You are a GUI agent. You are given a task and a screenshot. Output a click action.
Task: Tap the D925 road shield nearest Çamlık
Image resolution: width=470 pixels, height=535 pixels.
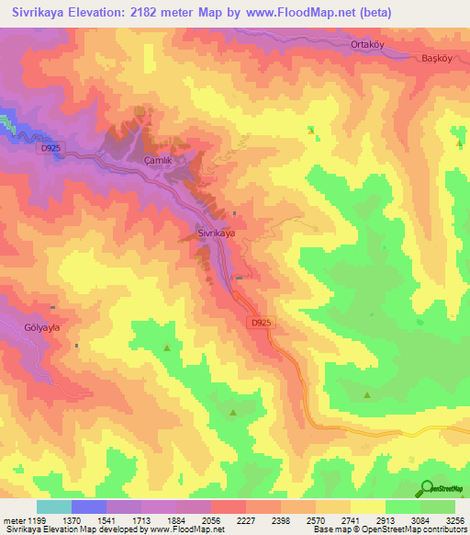tap(50, 147)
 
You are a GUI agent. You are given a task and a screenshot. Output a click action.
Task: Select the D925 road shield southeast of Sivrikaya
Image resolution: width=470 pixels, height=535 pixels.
tap(261, 323)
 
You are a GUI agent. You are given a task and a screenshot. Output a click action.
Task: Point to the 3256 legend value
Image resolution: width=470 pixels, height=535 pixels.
tap(454, 521)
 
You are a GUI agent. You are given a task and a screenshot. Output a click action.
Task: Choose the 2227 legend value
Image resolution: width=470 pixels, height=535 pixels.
tap(246, 521)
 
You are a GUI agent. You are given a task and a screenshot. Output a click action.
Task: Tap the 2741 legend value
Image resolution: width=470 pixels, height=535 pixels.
tap(351, 521)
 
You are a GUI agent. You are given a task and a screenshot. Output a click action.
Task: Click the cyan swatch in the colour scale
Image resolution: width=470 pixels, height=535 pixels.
tap(54, 507)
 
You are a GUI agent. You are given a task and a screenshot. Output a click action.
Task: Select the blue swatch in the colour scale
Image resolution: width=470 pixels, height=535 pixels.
tap(89, 507)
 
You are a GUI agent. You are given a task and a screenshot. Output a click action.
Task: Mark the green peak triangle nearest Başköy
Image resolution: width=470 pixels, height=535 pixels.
tap(459, 143)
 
